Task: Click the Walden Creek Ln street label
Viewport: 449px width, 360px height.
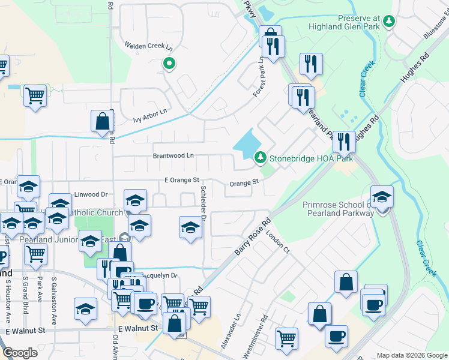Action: pos(148,46)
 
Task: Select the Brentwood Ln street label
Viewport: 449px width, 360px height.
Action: pos(172,155)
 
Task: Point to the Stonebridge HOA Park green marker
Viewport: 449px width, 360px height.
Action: pos(260,158)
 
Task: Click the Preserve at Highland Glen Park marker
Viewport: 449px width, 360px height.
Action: pos(389,21)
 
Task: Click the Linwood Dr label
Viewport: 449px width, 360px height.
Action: pos(91,194)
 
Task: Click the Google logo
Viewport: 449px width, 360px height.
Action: pos(20,353)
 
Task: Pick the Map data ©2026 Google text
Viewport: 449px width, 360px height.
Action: pos(411,355)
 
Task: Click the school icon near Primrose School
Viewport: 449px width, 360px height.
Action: pos(382,197)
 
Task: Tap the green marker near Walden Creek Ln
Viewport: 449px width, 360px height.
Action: pos(169,64)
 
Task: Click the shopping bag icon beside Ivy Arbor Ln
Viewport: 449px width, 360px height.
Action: pos(103,121)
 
